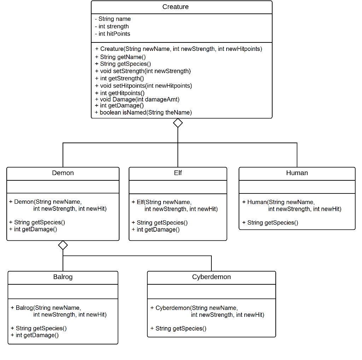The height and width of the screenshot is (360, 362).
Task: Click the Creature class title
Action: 175,7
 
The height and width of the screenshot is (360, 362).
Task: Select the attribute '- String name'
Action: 113,19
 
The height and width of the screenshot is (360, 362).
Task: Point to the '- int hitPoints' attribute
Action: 113,34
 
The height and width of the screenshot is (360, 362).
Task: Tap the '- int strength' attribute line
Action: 112,26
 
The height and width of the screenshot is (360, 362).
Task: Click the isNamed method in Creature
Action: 144,112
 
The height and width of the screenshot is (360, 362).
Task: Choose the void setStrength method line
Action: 143,71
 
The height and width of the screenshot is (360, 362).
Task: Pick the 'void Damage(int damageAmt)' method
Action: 137,99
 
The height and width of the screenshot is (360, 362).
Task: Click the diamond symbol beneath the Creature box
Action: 178,123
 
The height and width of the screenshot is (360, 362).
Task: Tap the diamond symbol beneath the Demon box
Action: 63,245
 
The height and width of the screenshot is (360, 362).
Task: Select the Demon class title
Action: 63,173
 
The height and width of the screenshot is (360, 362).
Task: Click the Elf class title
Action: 178,173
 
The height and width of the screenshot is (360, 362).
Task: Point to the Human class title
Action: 297,173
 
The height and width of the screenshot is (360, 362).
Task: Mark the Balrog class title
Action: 63,277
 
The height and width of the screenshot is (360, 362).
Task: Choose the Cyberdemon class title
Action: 211,277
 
